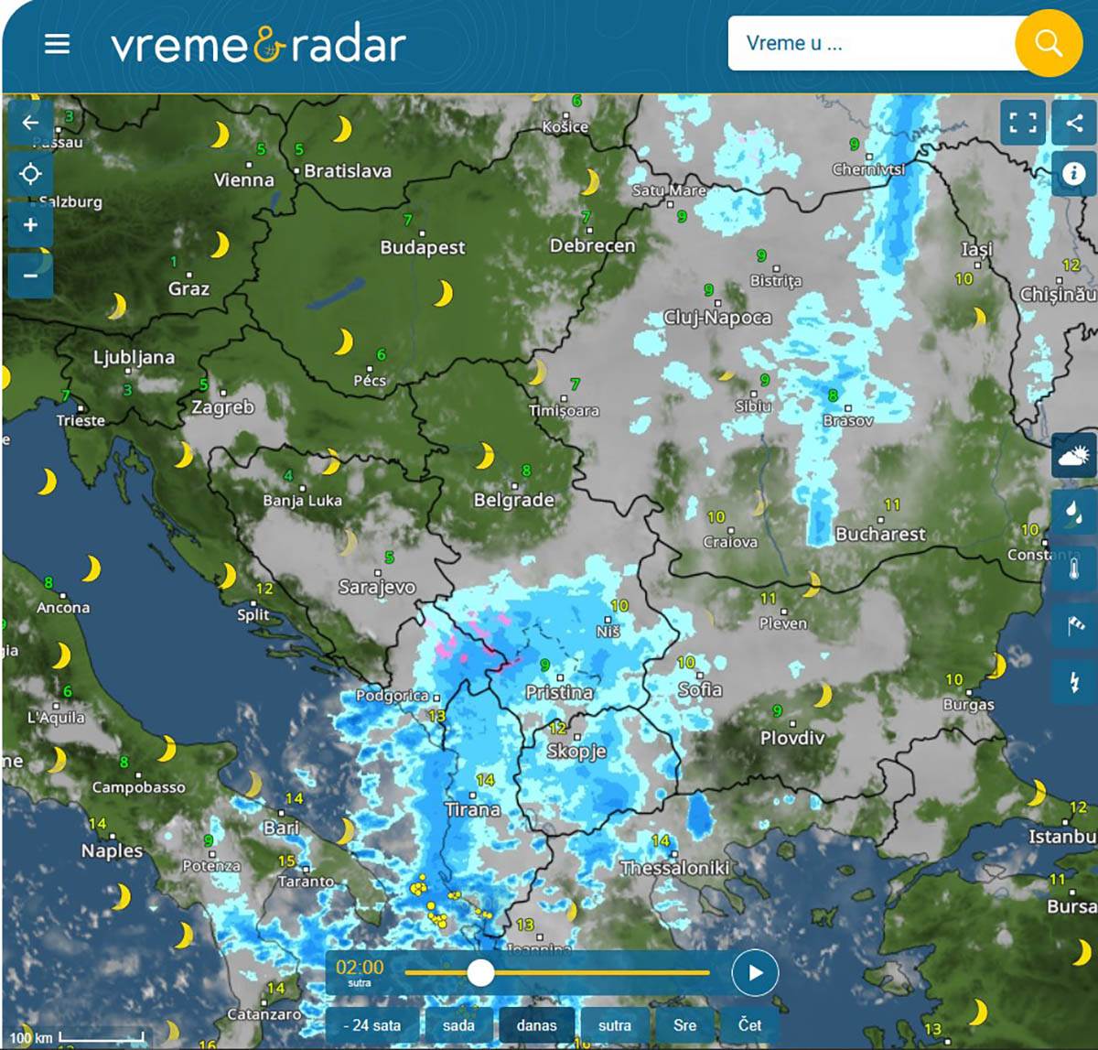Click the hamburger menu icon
57,44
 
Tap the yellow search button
1049,43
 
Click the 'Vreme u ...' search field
869,43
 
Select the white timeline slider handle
480,972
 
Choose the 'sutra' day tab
614,1025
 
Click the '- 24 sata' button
371,1025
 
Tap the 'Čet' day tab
749,1025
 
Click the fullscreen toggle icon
1023,123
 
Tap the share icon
1074,123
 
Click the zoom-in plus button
30,225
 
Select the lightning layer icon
1074,681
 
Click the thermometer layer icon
1074,568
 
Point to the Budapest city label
423,247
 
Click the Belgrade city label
513,500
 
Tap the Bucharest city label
880,534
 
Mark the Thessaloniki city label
674,867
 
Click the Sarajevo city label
377,587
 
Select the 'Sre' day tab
684,1025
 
